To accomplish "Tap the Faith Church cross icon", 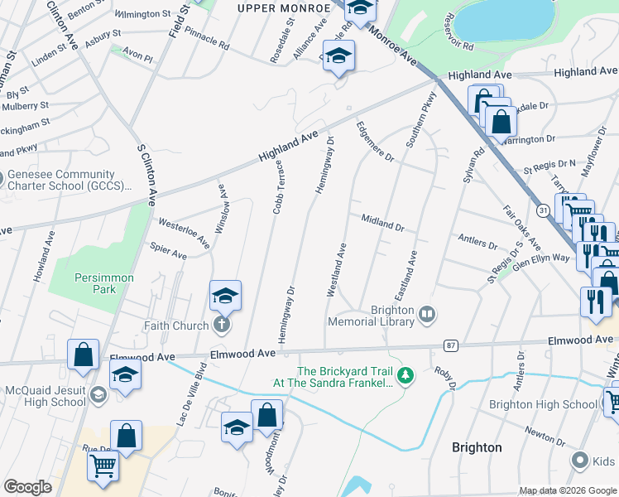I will point(221,326).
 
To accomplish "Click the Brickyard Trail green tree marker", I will point(405,378).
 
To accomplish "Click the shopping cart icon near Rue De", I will point(103,466).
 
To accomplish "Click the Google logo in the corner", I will point(27,487).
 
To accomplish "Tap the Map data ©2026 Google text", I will point(567,490).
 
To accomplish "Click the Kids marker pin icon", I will point(580,460).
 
